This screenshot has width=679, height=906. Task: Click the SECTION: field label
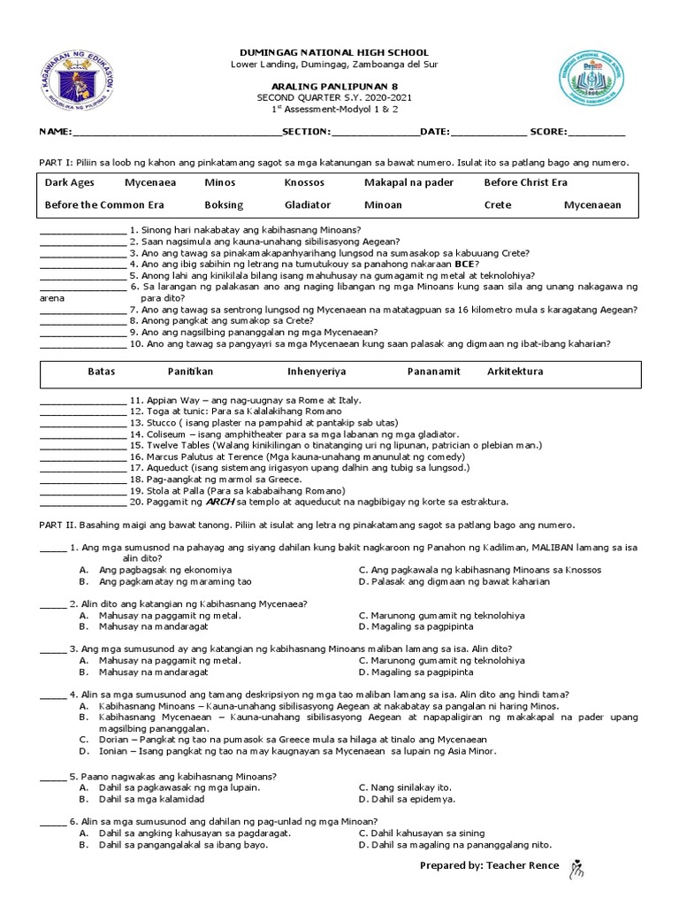tap(306, 132)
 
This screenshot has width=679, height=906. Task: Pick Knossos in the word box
tap(304, 183)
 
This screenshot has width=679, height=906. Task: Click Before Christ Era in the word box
tap(525, 183)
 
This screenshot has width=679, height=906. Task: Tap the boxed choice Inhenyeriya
tap(317, 372)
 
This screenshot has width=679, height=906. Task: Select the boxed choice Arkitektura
tap(515, 372)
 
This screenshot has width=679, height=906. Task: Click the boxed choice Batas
tap(102, 372)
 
